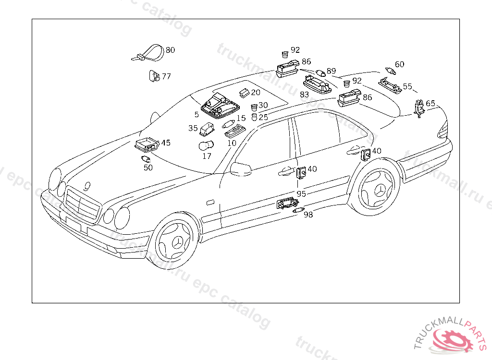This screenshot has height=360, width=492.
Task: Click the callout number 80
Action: [171, 50]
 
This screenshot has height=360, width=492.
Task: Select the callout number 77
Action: [166, 76]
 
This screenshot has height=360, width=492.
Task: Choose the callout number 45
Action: [166, 143]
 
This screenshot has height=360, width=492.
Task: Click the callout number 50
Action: [148, 168]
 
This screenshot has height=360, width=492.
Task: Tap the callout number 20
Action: [256, 92]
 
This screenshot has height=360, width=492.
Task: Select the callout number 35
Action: [193, 128]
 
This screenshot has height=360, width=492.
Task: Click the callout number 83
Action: [304, 95]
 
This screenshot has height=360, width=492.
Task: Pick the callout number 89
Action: [331, 71]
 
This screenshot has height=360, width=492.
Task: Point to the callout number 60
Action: [400, 64]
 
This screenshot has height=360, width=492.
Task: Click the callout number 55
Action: [407, 86]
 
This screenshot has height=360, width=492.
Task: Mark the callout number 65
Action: [430, 103]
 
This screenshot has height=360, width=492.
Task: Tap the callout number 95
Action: [301, 193]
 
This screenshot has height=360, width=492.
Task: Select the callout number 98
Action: [308, 215]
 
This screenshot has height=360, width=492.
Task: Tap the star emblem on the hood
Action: [87, 185]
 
